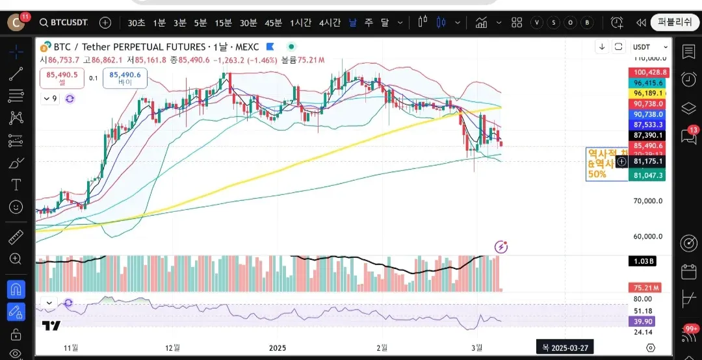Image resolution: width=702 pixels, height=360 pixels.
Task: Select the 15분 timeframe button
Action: tap(223, 22)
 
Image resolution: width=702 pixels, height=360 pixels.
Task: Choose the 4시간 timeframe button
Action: tap(330, 22)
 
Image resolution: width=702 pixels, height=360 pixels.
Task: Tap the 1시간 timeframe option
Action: tap(300, 22)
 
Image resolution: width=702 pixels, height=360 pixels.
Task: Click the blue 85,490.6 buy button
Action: tap(125, 79)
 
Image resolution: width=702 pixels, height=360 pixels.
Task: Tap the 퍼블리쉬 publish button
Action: tap(675, 22)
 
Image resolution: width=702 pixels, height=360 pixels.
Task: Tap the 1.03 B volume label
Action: tap(646, 261)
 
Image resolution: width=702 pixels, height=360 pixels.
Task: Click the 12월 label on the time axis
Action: tap(172, 348)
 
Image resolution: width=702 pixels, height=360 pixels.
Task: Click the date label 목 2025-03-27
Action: tap(564, 348)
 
